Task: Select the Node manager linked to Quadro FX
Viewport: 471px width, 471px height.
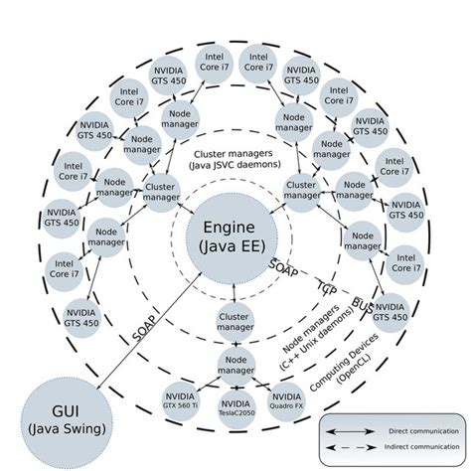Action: (x=235, y=363)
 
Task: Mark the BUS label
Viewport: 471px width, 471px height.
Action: (x=362, y=301)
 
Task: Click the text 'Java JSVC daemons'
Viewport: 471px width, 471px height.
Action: (x=235, y=164)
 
